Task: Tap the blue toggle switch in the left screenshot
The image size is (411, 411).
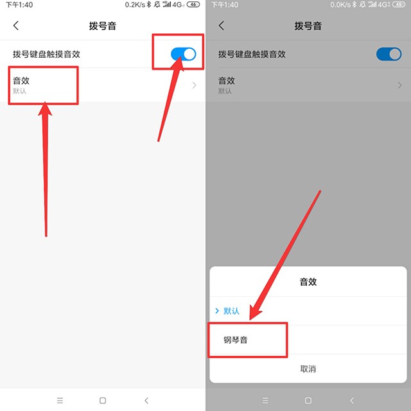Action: (x=183, y=54)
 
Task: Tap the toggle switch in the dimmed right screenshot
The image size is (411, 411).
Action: (x=389, y=54)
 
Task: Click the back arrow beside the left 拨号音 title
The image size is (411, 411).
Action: (x=16, y=26)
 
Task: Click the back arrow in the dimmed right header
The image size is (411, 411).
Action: (x=222, y=26)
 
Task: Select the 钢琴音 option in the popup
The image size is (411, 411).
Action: (x=236, y=340)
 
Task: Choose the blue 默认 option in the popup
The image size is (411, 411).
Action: (x=231, y=311)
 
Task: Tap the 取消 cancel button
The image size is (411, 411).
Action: (x=308, y=369)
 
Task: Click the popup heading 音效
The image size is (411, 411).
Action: (x=308, y=282)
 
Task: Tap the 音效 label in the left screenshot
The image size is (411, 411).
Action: (x=21, y=80)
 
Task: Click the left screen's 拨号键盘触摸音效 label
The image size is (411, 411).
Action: (x=46, y=54)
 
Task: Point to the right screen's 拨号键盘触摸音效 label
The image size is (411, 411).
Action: (x=252, y=54)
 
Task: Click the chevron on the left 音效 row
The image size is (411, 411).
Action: (x=194, y=85)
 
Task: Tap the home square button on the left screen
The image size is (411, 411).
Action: (x=103, y=400)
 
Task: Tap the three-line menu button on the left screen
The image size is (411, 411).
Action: (x=60, y=400)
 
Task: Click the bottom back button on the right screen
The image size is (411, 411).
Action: (x=352, y=400)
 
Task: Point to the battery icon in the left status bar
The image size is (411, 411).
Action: (x=193, y=4)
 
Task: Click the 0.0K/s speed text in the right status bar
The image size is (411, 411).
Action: (x=340, y=4)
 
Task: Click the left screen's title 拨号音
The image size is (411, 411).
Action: (x=103, y=26)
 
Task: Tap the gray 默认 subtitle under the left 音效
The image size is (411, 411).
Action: (x=20, y=91)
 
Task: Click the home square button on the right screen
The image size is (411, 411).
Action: (x=308, y=400)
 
